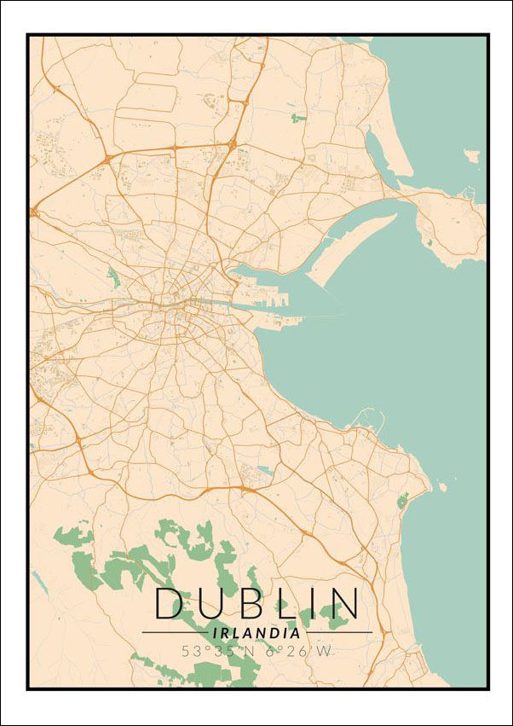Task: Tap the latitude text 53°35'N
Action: pyautogui.click(x=213, y=651)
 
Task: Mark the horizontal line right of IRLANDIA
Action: pyautogui.click(x=338, y=633)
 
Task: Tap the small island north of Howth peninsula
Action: pyautogui.click(x=471, y=156)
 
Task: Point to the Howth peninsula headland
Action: pyautogui.click(x=452, y=226)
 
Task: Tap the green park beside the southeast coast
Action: pyautogui.click(x=402, y=500)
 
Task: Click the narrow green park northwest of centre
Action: pyautogui.click(x=112, y=276)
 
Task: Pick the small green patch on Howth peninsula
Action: pyautogui.click(x=429, y=242)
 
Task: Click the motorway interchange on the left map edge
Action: pyautogui.click(x=34, y=211)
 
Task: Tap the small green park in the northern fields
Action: pyautogui.click(x=297, y=117)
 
